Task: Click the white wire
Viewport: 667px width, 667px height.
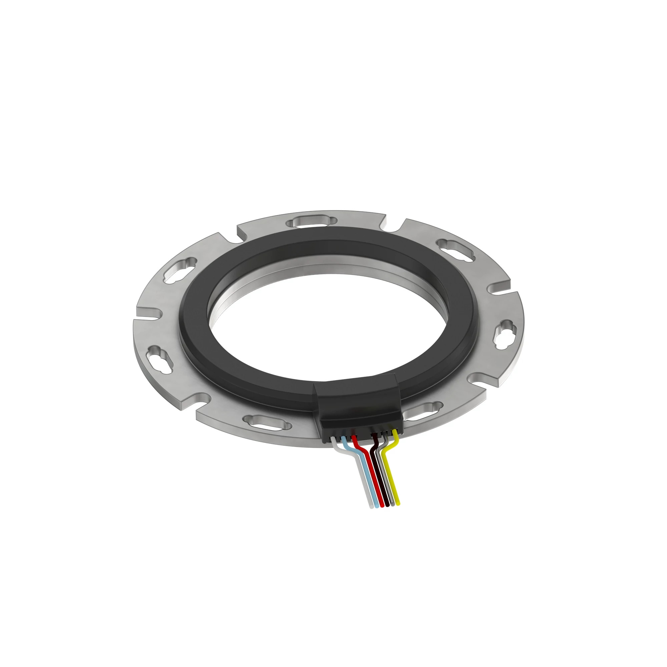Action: pyautogui.click(x=367, y=483)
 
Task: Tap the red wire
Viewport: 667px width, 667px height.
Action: pyautogui.click(x=378, y=483)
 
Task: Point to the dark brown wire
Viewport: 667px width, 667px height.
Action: pyautogui.click(x=384, y=483)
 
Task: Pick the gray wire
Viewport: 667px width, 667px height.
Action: pyautogui.click(x=389, y=483)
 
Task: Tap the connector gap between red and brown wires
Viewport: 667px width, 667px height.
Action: pyautogui.click(x=364, y=436)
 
